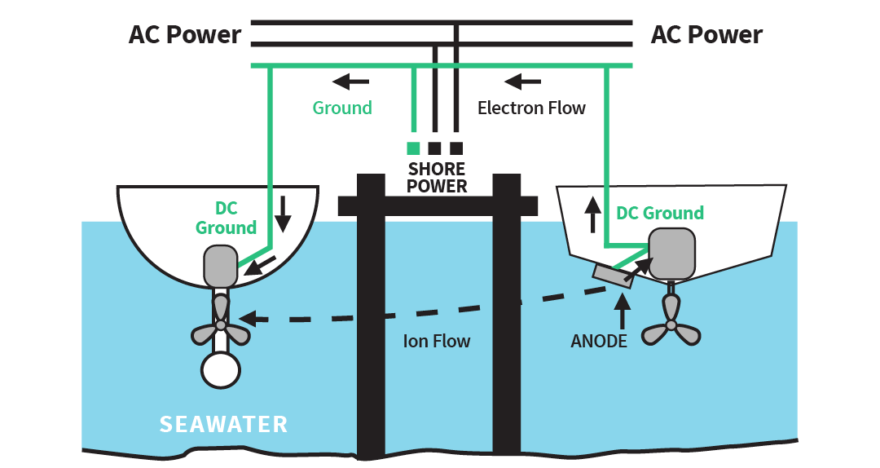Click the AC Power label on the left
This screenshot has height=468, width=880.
tap(185, 35)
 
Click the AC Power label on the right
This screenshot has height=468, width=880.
tap(706, 35)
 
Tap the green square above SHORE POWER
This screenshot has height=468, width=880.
tap(413, 148)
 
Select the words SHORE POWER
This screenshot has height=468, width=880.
tap(437, 178)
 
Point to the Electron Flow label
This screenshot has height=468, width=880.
tap(531, 108)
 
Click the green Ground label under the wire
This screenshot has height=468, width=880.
tap(342, 108)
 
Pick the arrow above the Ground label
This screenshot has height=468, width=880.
tap(351, 81)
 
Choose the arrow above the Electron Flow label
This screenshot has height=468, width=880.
tap(522, 81)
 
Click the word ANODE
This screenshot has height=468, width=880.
tap(599, 341)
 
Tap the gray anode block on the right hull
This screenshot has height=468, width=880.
tap(611, 275)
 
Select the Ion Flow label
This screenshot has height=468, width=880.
tap(437, 341)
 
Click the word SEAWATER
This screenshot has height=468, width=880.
tap(223, 425)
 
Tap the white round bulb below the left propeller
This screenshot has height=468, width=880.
tap(221, 369)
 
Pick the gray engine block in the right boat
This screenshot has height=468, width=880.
tap(673, 254)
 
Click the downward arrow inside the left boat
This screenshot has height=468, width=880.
tap(283, 213)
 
